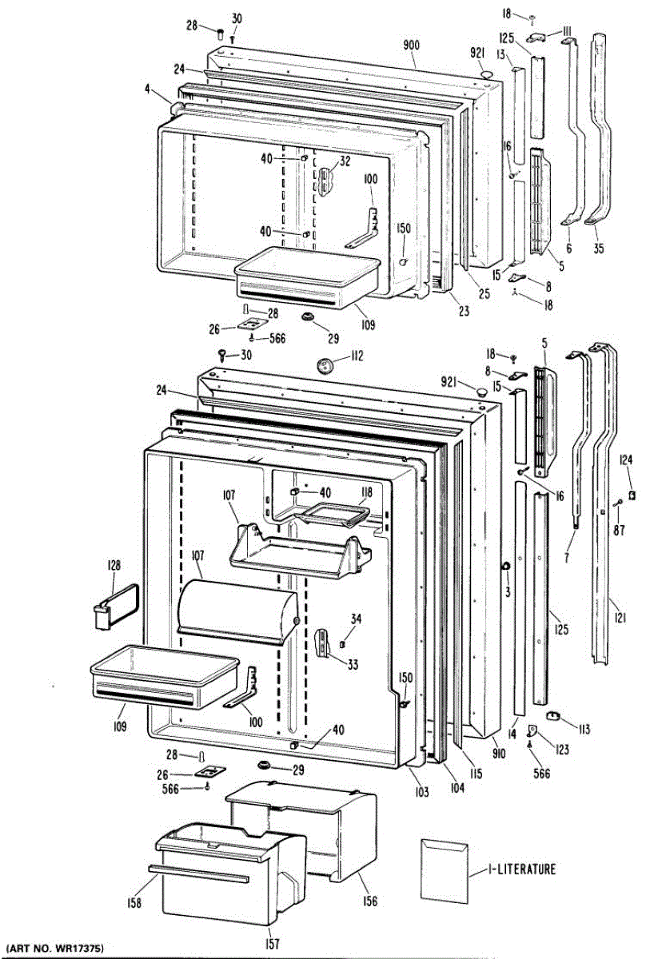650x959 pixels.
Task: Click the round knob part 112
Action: click(325, 366)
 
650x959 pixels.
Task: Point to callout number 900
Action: click(411, 45)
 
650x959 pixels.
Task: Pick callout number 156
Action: click(369, 902)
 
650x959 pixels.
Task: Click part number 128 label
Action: click(114, 565)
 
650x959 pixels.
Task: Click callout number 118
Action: click(366, 492)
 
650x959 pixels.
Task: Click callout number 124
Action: click(626, 460)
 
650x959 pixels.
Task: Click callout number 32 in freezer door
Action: click(345, 161)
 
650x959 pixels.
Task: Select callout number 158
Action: click(134, 903)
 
